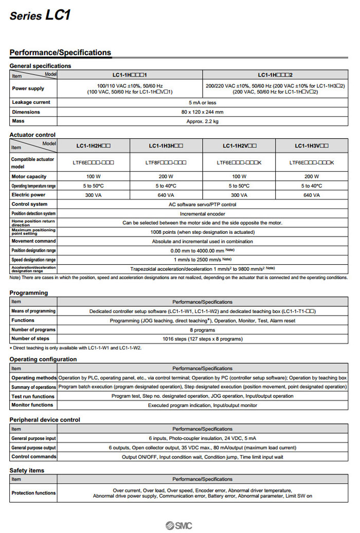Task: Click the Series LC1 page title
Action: coord(40,15)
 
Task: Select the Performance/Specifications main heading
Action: coord(60,52)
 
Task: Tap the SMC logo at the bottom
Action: coord(179,525)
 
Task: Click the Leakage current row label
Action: coord(31,102)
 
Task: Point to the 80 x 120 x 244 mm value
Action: coord(202,112)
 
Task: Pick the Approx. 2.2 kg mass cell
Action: coord(202,121)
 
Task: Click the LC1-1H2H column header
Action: coord(94,145)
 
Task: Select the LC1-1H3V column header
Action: coord(312,145)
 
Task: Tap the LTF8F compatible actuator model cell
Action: coord(166,162)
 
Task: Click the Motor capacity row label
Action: coord(29,176)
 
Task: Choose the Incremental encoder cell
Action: coord(202,213)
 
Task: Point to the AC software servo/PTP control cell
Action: coord(202,204)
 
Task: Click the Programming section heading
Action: coord(28,292)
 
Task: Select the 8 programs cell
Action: coord(202,329)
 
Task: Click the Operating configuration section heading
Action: coord(43,359)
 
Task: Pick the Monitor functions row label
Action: coord(32,405)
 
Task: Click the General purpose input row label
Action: coord(33,438)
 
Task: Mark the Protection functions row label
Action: coord(33,493)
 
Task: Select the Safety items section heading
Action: coord(27,470)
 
